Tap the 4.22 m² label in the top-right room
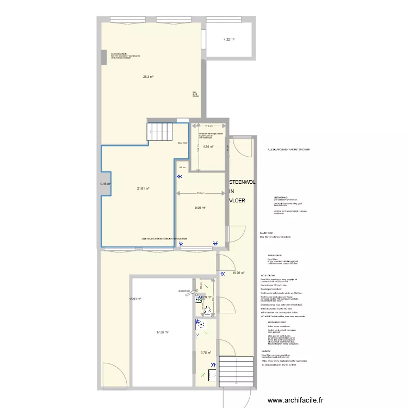click(229, 39)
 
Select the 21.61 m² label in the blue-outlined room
click(143, 189)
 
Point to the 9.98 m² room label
click(200, 207)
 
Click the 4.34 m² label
click(208, 147)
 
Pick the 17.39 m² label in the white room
click(162, 332)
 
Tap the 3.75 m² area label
click(206, 353)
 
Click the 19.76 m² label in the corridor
click(238, 273)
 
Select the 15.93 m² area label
click(135, 299)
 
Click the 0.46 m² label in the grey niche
click(105, 184)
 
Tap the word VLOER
click(237, 200)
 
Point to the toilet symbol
click(208, 311)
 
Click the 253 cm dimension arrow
click(200, 193)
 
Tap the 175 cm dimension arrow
click(207, 126)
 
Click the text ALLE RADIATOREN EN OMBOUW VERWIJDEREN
click(164, 239)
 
